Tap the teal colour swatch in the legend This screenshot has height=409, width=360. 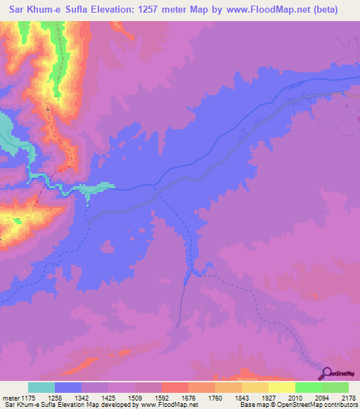[41, 387]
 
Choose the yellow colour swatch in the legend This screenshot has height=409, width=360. [282, 387]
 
